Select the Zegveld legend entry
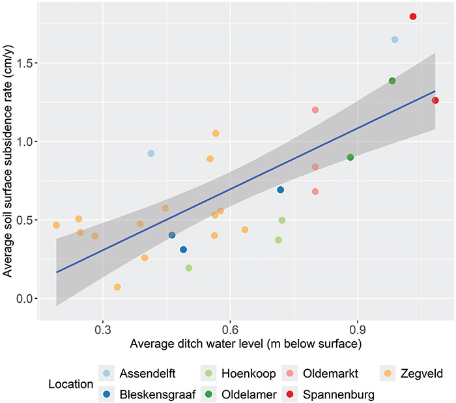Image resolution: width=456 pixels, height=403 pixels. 423,373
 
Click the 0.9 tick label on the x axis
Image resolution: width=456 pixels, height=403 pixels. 357,330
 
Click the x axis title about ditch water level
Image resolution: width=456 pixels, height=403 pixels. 246,343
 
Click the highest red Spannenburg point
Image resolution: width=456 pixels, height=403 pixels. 413,16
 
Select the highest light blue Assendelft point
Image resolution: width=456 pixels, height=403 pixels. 395,40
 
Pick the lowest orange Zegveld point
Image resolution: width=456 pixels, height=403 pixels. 117,287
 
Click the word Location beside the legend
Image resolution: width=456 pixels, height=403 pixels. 70,383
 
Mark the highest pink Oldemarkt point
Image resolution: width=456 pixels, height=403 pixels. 315,110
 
